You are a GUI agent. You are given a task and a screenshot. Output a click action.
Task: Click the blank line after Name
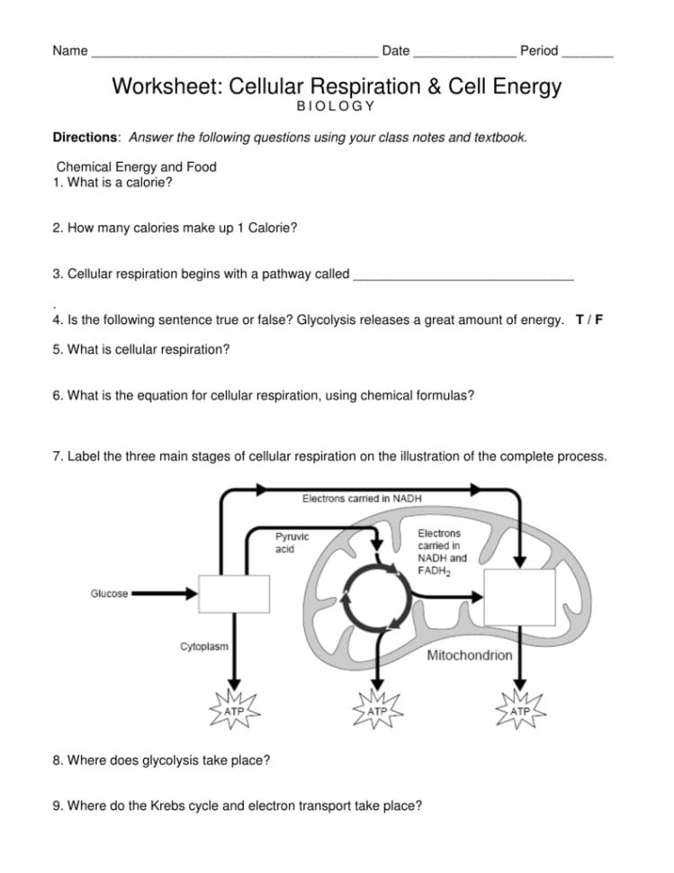tap(234, 52)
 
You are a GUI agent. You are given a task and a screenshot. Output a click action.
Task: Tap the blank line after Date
tap(464, 52)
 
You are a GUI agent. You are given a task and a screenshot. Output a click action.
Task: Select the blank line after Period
tap(588, 52)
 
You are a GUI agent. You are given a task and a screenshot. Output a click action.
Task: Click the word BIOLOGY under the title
tap(336, 106)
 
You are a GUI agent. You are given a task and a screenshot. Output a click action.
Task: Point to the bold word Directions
tap(85, 138)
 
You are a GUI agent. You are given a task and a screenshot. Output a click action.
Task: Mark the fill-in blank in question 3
tap(463, 274)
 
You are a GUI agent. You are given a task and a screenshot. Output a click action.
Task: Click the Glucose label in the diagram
tap(109, 594)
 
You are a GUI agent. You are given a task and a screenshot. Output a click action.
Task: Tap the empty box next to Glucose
tap(234, 595)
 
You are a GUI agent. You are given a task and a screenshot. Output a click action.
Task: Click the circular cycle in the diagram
tap(373, 595)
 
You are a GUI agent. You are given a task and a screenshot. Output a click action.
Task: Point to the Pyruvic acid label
tap(292, 543)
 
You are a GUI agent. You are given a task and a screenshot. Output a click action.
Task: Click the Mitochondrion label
tap(469, 655)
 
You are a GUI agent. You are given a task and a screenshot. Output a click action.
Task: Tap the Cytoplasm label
tap(203, 646)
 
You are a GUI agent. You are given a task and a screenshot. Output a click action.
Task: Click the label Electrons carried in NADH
tap(362, 498)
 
